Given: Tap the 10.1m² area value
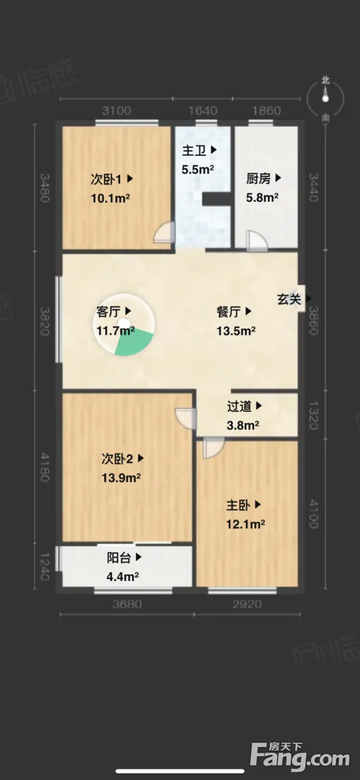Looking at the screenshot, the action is [110, 198].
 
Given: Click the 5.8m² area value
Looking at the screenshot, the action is [262, 197].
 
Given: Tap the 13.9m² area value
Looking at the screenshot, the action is [121, 477].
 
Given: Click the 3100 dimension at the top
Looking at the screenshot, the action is [116, 111].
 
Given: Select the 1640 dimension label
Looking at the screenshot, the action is [203, 111].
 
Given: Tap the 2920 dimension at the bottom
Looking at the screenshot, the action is [247, 604].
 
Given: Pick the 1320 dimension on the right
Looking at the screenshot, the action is [314, 416].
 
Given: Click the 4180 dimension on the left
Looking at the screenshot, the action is [45, 467].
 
